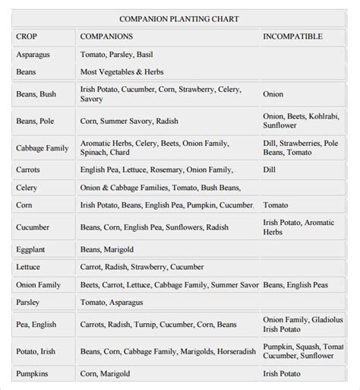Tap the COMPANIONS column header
point(106,36)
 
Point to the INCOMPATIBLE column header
point(292,36)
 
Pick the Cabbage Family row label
point(42,148)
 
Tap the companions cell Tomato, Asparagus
point(112,302)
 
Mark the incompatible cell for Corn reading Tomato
point(276,205)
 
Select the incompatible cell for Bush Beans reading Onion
point(273,95)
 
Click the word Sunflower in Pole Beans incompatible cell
point(280,126)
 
